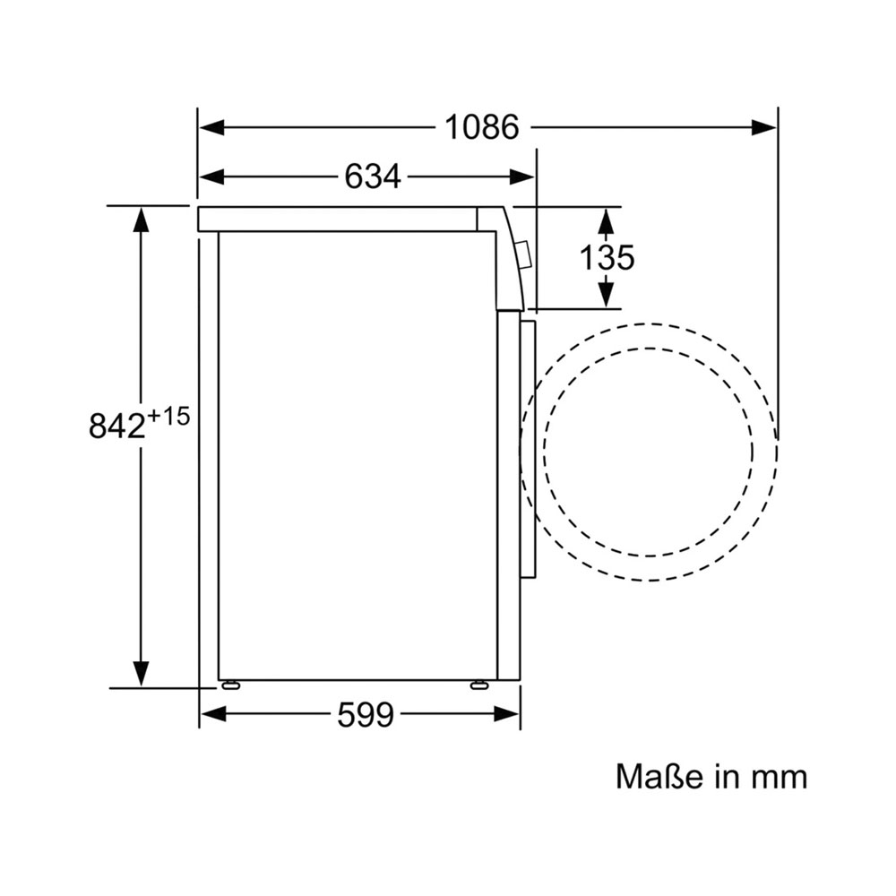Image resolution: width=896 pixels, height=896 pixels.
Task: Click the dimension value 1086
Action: click(482, 127)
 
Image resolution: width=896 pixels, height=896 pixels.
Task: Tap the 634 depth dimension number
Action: click(373, 177)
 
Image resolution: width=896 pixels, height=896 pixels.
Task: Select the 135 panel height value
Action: click(607, 258)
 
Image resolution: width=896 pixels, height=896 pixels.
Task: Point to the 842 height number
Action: click(117, 426)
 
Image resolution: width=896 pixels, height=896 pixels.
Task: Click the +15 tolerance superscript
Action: click(168, 417)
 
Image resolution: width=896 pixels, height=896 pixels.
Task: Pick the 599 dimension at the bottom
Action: click(366, 714)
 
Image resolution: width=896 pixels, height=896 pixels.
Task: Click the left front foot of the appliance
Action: click(230, 685)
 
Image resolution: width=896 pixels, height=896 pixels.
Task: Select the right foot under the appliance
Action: click(478, 685)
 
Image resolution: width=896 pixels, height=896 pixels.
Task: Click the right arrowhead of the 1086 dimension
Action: click(763, 127)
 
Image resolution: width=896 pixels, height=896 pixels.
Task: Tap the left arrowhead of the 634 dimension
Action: click(211, 177)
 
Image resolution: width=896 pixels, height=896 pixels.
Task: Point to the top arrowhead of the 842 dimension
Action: click(141, 219)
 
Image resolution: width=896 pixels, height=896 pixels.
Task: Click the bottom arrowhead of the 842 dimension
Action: click(141, 675)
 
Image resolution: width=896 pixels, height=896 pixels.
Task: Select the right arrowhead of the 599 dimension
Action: click(507, 714)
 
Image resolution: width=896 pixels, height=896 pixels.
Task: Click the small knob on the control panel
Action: click(523, 254)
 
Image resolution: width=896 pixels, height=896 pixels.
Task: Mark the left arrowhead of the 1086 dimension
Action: click(211, 127)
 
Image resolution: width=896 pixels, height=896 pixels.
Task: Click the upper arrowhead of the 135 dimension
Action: click(607, 220)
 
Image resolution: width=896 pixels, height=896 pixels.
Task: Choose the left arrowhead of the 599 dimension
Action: click(212, 714)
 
